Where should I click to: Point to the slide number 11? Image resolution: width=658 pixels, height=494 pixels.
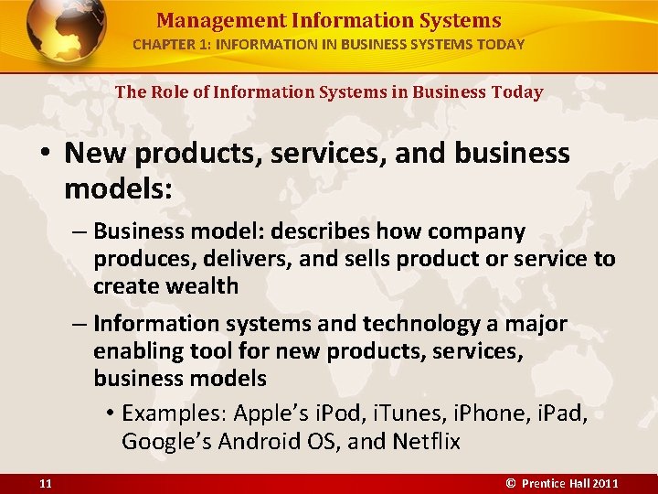point(45,482)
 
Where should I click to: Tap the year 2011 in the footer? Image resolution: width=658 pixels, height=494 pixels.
point(605,482)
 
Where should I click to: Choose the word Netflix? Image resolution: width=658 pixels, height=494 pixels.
point(427,442)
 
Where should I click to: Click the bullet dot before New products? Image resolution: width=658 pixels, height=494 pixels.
point(46,154)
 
